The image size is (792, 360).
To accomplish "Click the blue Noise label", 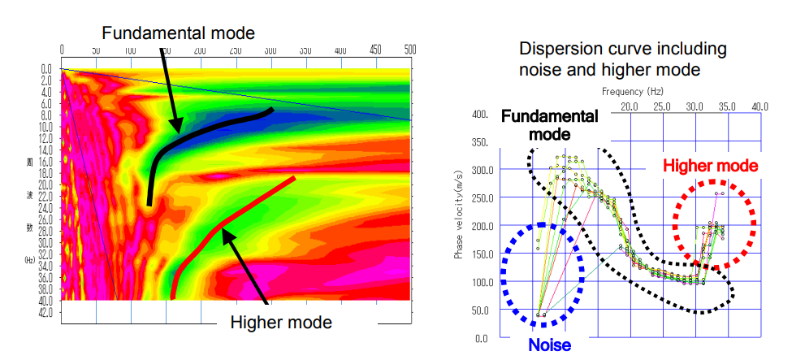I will pos(550,345).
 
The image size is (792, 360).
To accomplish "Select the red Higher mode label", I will pos(711,166).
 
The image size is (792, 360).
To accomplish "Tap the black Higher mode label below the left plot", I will pos(281,323).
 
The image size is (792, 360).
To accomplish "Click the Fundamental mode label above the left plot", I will pos(179,33).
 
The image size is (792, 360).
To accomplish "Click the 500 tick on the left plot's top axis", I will pos(409,49).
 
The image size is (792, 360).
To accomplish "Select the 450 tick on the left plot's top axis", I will pos(374,49).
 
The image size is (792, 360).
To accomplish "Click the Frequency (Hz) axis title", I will pos(634,92).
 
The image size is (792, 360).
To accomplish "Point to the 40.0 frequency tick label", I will pos(760,106).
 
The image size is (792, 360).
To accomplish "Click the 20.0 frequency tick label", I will pos(629,106).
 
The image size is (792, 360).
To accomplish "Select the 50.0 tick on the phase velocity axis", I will pos(481,310).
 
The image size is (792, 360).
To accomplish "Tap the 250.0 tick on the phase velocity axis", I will pos(479,198).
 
